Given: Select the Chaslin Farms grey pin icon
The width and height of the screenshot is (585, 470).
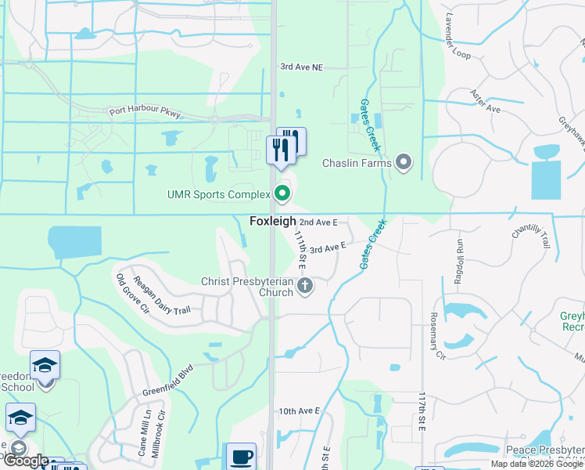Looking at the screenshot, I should click(x=404, y=163).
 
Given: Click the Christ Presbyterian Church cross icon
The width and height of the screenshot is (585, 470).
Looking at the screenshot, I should click(x=305, y=287).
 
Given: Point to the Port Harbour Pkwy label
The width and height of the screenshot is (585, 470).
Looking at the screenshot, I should click(x=145, y=113).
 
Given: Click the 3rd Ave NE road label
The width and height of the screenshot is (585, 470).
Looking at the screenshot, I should click(x=301, y=67).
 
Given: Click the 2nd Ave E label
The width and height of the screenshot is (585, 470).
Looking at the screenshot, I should click(x=318, y=222).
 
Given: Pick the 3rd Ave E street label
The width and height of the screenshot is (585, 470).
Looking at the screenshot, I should click(x=327, y=248).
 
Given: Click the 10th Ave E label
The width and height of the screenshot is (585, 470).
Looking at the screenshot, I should click(x=299, y=410).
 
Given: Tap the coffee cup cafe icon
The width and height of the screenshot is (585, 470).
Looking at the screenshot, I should click(x=241, y=457).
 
